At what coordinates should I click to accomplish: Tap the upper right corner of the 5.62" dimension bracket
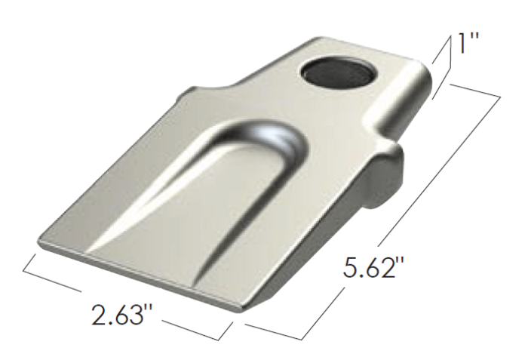coord(500,97)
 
